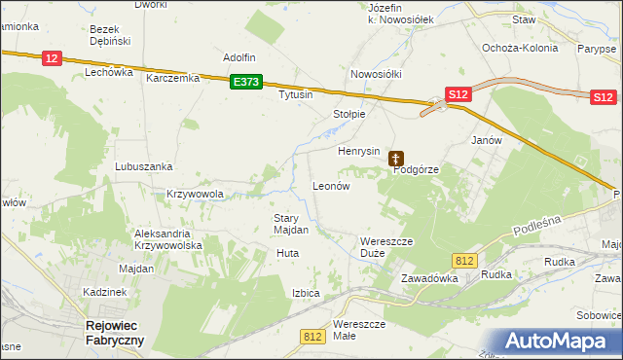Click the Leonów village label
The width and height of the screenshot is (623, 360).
(330, 185)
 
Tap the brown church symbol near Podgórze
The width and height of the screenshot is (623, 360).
(396, 157)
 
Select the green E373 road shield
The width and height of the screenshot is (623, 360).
(246, 84)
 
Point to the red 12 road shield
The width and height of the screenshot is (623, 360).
(53, 59)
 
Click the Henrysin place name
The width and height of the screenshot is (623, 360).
(358, 152)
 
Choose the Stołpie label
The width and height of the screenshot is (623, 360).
(349, 114)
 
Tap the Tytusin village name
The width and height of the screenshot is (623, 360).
(296, 95)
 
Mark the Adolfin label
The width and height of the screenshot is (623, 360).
(239, 57)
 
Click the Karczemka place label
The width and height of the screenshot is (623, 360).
(172, 78)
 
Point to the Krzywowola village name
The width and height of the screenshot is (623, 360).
(196, 194)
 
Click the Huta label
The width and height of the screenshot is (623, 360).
(287, 253)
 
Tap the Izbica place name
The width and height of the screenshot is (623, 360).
(305, 292)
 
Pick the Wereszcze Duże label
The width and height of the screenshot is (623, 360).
(386, 246)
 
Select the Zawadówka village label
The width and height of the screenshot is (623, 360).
(429, 278)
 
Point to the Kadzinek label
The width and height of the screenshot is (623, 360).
(105, 292)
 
